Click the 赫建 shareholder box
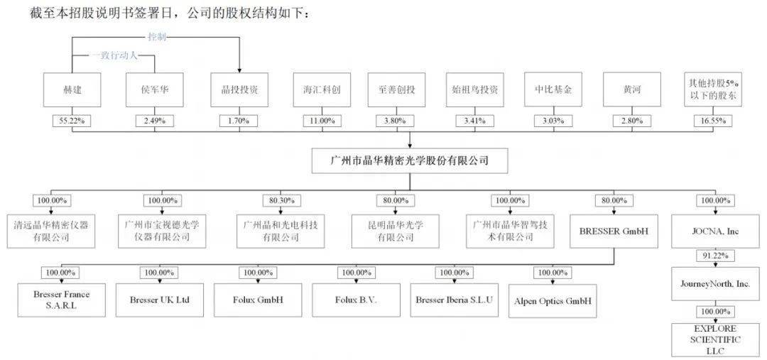[72, 89]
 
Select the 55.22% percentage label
[72, 120]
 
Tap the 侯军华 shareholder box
[155, 89]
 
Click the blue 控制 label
[158, 37]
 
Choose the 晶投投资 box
[240, 89]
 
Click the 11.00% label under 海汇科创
[322, 120]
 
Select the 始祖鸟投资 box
[475, 89]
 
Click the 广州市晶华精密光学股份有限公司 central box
[410, 161]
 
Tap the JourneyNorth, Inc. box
[714, 284]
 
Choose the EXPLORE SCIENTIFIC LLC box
[714, 339]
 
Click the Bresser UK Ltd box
[160, 300]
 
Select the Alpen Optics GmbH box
[553, 301]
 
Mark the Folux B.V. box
[356, 300]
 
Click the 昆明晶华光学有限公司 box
[396, 230]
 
